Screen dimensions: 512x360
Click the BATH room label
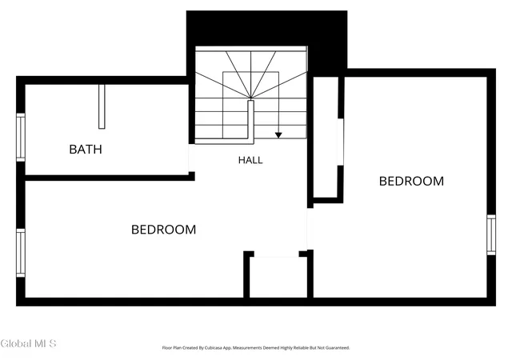pyautogui.click(x=86, y=150)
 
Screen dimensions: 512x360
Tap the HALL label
pyautogui.click(x=250, y=160)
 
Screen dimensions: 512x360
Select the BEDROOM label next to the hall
pyautogui.click(x=163, y=230)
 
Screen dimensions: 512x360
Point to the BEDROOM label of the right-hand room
pyautogui.click(x=411, y=182)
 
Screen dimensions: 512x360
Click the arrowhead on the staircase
pyautogui.click(x=278, y=135)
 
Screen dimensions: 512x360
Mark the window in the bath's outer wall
pyautogui.click(x=21, y=138)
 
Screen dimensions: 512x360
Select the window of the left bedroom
pyautogui.click(x=21, y=253)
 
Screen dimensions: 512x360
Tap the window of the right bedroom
pyautogui.click(x=491, y=235)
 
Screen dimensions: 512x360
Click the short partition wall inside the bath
pyautogui.click(x=102, y=106)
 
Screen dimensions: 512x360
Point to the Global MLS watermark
pyautogui.click(x=29, y=344)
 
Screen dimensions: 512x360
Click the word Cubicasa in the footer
pyautogui.click(x=214, y=348)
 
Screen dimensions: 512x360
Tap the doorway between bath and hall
pyautogui.click(x=192, y=158)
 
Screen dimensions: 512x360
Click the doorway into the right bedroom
pyautogui.click(x=310, y=229)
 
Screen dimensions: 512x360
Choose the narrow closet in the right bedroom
pyautogui.click(x=326, y=138)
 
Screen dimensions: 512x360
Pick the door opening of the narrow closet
pyautogui.click(x=341, y=142)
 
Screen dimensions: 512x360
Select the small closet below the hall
pyautogui.click(x=278, y=277)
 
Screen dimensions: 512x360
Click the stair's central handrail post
pyautogui.click(x=250, y=122)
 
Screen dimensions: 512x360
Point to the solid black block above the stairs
pyautogui.click(x=266, y=29)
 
